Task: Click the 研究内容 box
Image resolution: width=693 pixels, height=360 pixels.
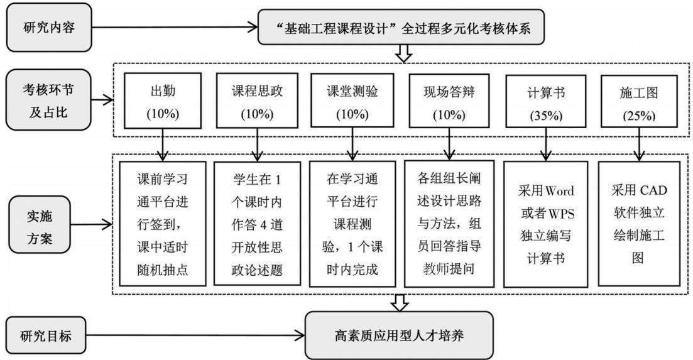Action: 48,28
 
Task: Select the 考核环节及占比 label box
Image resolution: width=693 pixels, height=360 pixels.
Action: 48,100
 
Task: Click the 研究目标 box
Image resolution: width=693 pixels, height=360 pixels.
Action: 46,335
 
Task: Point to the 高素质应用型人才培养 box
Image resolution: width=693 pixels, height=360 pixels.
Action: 399,335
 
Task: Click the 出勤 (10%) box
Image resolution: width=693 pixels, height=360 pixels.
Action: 163,101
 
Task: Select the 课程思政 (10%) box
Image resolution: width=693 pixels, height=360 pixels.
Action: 257,101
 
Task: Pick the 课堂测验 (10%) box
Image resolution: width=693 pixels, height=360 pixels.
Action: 352,101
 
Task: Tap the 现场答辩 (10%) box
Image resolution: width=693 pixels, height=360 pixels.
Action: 449,101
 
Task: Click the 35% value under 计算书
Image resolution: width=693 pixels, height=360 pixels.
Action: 546,116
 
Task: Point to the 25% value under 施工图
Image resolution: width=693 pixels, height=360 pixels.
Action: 639,116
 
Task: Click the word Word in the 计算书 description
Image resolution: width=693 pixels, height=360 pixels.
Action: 559,191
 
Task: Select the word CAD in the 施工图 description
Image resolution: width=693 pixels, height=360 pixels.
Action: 653,190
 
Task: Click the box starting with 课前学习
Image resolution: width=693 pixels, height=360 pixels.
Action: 163,224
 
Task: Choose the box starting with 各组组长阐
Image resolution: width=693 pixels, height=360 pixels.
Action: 449,224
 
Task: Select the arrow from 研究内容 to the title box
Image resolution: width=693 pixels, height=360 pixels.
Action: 175,28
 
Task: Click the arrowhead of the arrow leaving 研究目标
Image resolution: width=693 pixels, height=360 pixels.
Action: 300,335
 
